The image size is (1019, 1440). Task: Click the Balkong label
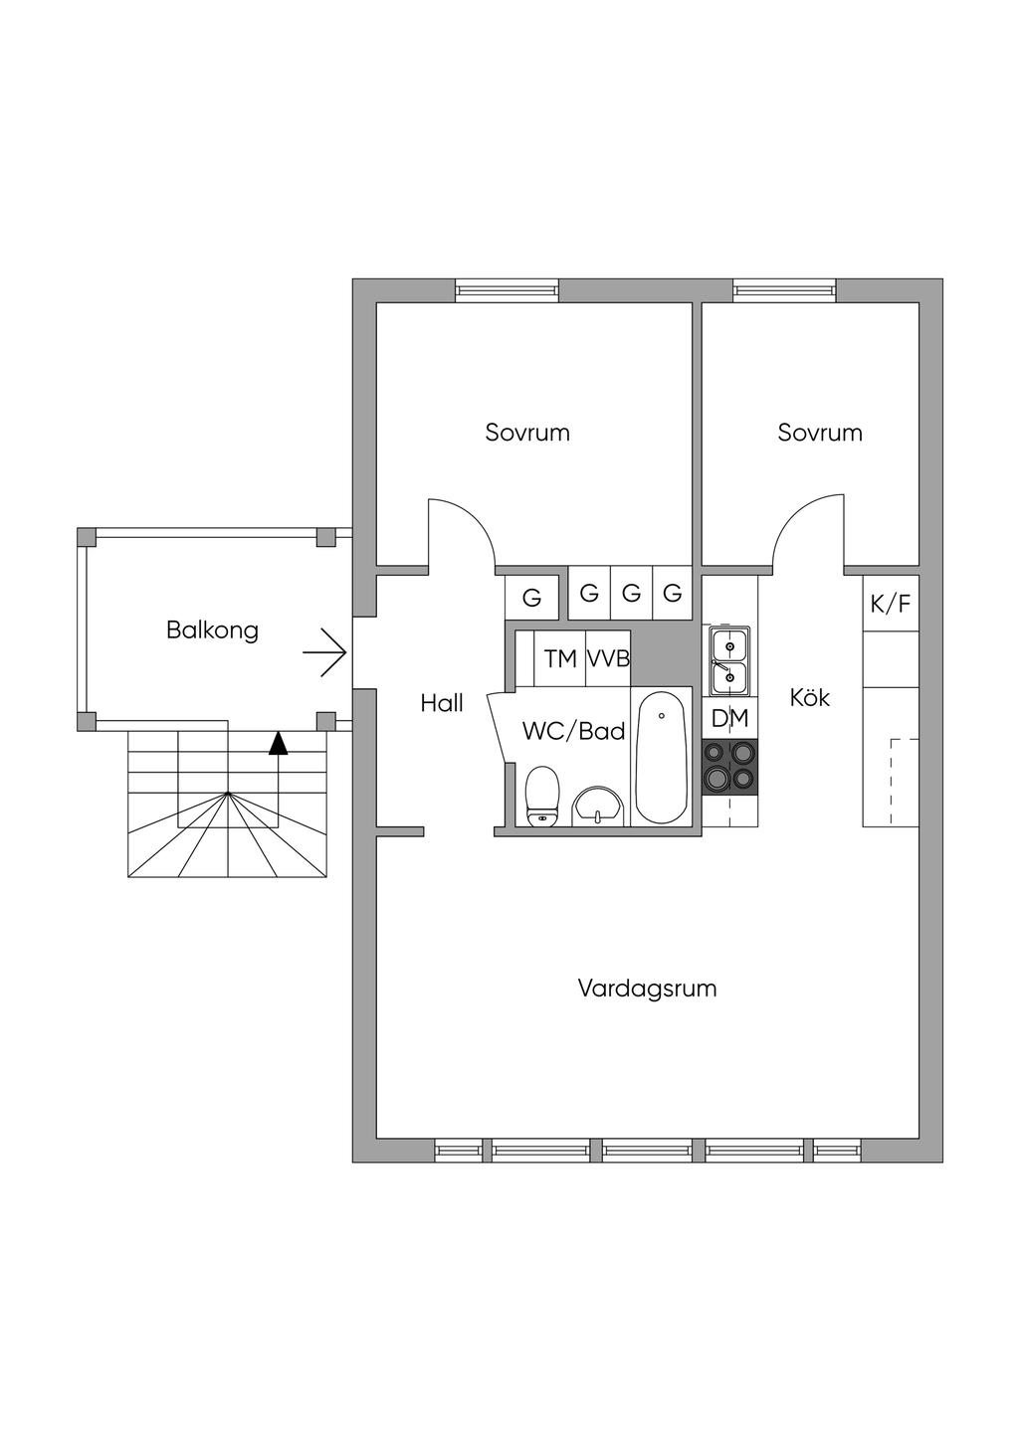tap(212, 630)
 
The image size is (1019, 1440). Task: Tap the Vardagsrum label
tap(647, 989)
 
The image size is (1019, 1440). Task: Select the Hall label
tap(442, 703)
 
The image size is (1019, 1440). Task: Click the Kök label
tap(810, 697)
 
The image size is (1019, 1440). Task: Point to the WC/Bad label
tap(574, 731)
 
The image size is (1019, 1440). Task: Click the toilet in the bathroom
tap(543, 796)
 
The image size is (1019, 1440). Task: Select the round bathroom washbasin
tap(598, 807)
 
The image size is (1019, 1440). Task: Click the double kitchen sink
tap(729, 660)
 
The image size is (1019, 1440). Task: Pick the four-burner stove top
tap(729, 767)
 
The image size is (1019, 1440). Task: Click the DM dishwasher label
tap(730, 718)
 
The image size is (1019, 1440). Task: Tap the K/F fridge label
tap(891, 604)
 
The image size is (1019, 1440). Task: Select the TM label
tap(560, 659)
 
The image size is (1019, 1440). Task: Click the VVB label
tap(608, 659)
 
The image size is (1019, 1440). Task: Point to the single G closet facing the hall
tap(531, 599)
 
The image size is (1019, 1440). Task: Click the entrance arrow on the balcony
tap(324, 653)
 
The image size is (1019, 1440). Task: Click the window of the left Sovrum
tap(507, 290)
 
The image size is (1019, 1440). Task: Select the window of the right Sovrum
tap(785, 290)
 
